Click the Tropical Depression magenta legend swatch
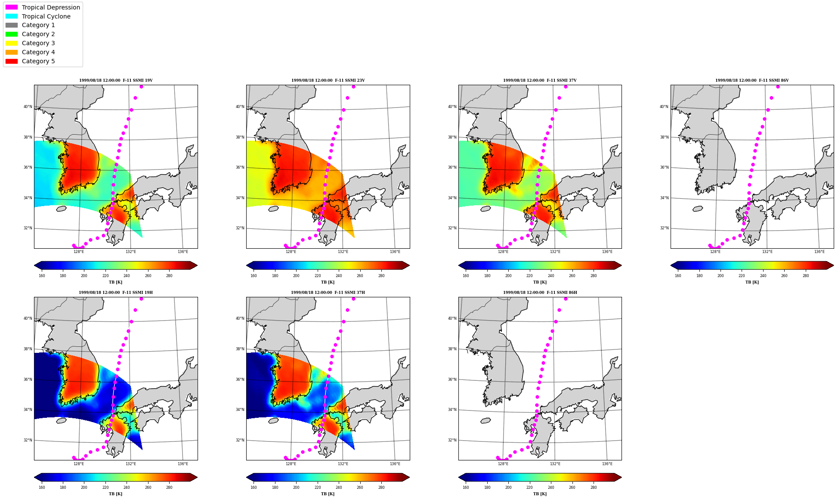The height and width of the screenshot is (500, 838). click(12, 7)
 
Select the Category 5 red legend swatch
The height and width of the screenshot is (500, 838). click(12, 61)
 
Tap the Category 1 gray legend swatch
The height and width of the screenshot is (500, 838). click(12, 25)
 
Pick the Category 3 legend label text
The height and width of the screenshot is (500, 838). click(38, 43)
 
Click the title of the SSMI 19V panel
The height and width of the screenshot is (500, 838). click(116, 80)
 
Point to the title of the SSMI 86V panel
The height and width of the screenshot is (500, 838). click(752, 80)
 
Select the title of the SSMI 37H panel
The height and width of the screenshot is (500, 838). click(328, 293)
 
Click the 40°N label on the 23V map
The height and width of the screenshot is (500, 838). click(240, 107)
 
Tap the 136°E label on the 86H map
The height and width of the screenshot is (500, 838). click(607, 464)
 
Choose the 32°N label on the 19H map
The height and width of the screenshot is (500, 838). click(28, 440)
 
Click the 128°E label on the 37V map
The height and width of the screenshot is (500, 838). click(503, 252)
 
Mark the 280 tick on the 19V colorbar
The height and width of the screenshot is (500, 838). click(169, 276)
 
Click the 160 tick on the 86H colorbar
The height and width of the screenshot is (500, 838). click(466, 488)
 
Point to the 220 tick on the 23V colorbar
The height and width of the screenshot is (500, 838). click(318, 276)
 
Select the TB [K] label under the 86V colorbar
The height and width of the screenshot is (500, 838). click(752, 282)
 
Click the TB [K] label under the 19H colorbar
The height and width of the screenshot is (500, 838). click(115, 494)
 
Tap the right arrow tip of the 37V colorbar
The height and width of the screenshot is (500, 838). click(622, 265)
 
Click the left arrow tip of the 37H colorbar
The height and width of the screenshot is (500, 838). click(247, 477)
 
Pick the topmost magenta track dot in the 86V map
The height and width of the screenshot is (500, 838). click(778, 86)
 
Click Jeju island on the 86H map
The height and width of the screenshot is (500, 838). click(485, 420)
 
